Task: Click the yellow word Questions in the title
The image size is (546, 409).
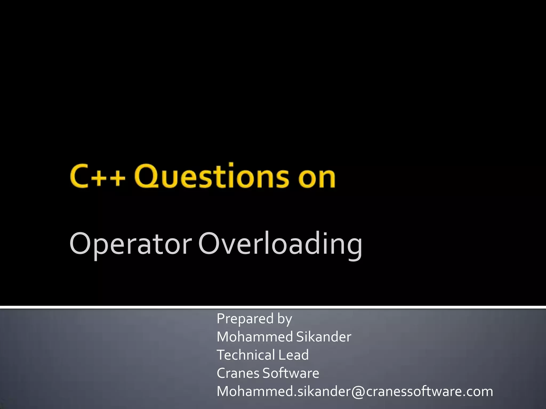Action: [x=212, y=176]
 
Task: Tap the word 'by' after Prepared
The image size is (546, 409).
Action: [x=285, y=319]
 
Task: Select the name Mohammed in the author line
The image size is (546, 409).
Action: [x=255, y=337]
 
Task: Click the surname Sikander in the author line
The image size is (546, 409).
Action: [x=324, y=337]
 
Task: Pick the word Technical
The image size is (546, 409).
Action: [x=246, y=355]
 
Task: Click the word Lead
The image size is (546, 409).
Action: [x=294, y=355]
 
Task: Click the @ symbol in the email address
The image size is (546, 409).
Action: [x=358, y=392]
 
